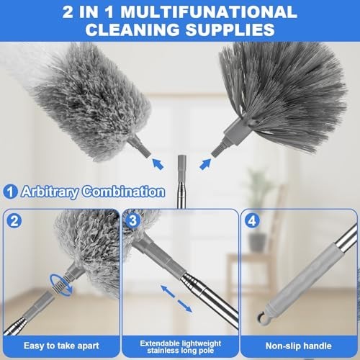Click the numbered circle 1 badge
pyautogui.click(x=11, y=192)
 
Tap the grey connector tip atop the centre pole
pyautogui.click(x=180, y=160)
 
